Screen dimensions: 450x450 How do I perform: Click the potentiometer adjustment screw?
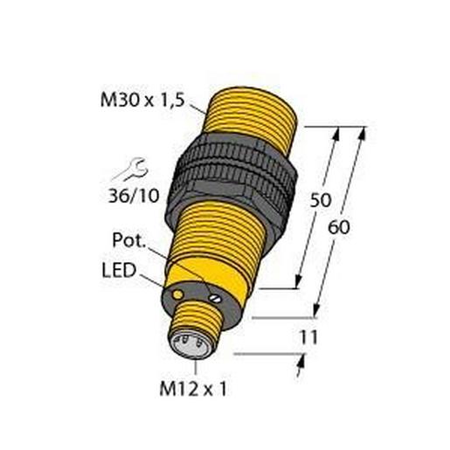tap(212, 298)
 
